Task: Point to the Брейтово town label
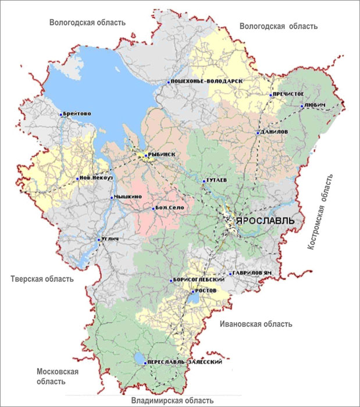pos(77,115)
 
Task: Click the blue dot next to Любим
pos(301,106)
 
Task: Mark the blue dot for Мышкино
pos(112,198)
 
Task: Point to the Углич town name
pos(111,240)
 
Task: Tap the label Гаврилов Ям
pos(252,273)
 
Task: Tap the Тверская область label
pos(42,279)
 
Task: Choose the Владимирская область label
pos(172,400)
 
